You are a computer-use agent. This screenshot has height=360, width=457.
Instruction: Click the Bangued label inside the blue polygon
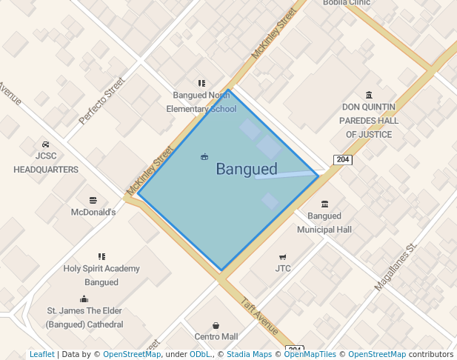247,170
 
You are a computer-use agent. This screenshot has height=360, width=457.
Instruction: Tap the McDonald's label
93,212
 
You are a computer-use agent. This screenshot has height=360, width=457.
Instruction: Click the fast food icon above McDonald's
93,200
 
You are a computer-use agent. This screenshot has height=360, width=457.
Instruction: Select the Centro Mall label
216,336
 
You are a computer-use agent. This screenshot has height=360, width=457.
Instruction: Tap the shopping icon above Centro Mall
216,325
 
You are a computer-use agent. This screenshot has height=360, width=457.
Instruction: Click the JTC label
283,268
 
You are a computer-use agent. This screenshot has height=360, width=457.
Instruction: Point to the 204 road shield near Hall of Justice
342,160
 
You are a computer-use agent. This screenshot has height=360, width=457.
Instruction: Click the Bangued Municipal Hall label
324,223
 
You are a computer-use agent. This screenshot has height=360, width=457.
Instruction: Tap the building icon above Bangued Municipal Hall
324,204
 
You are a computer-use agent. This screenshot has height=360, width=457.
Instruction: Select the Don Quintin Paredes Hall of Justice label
369,121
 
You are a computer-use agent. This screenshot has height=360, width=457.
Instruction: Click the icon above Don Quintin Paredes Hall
369,94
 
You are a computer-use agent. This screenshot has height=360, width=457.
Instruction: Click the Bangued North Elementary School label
201,102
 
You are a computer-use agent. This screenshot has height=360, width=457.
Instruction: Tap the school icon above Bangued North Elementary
201,83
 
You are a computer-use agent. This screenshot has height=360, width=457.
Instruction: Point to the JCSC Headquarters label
46,162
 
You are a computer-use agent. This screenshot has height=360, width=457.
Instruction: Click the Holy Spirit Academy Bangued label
101,276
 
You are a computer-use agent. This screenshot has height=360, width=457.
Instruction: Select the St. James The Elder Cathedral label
84,318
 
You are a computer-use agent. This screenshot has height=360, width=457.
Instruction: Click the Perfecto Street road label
103,101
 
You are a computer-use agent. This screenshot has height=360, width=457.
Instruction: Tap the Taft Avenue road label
260,317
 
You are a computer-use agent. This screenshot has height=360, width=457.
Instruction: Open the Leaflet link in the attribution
41,354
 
